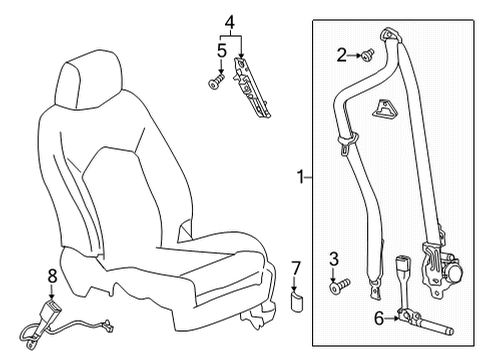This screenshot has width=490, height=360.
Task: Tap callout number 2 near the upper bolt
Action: coord(341,55)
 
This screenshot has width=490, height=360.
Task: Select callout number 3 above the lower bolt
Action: coord(334,261)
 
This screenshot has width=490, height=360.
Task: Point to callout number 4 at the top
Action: coord(229,20)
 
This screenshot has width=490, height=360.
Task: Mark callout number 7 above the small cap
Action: coord(295,267)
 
